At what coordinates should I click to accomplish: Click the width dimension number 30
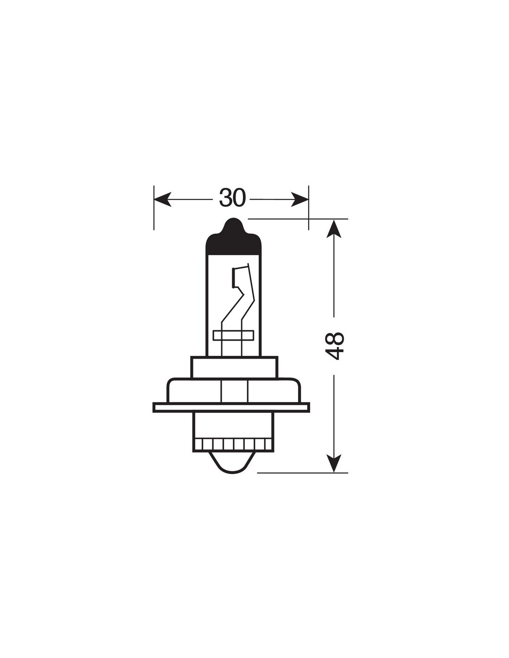click(x=232, y=198)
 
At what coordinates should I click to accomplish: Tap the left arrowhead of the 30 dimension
click(x=162, y=199)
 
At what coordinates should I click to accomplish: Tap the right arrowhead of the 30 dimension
click(x=300, y=199)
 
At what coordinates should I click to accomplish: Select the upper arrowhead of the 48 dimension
click(x=334, y=229)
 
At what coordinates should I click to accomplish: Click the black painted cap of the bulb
click(x=233, y=240)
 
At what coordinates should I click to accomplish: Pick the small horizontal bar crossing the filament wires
click(x=233, y=335)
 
